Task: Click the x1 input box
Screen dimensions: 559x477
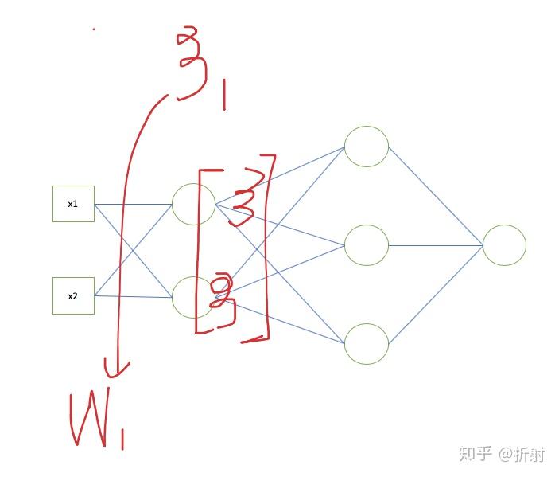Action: click(x=73, y=204)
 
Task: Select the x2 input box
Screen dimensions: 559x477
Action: click(x=73, y=295)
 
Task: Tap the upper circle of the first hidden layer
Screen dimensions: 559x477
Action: click(x=193, y=204)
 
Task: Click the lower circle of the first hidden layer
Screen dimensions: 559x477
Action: click(x=193, y=297)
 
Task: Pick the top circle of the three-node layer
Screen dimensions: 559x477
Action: click(x=366, y=147)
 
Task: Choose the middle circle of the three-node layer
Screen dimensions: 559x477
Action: click(x=366, y=245)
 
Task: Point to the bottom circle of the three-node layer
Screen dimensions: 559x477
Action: click(x=366, y=343)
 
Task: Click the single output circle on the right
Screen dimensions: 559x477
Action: click(x=504, y=245)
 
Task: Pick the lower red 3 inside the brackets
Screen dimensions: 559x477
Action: click(x=225, y=299)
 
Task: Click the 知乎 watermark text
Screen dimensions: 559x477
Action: click(x=476, y=454)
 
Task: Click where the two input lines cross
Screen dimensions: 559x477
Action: click(x=134, y=250)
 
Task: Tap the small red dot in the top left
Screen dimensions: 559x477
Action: click(x=94, y=29)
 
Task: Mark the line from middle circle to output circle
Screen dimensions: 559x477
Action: click(x=436, y=245)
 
